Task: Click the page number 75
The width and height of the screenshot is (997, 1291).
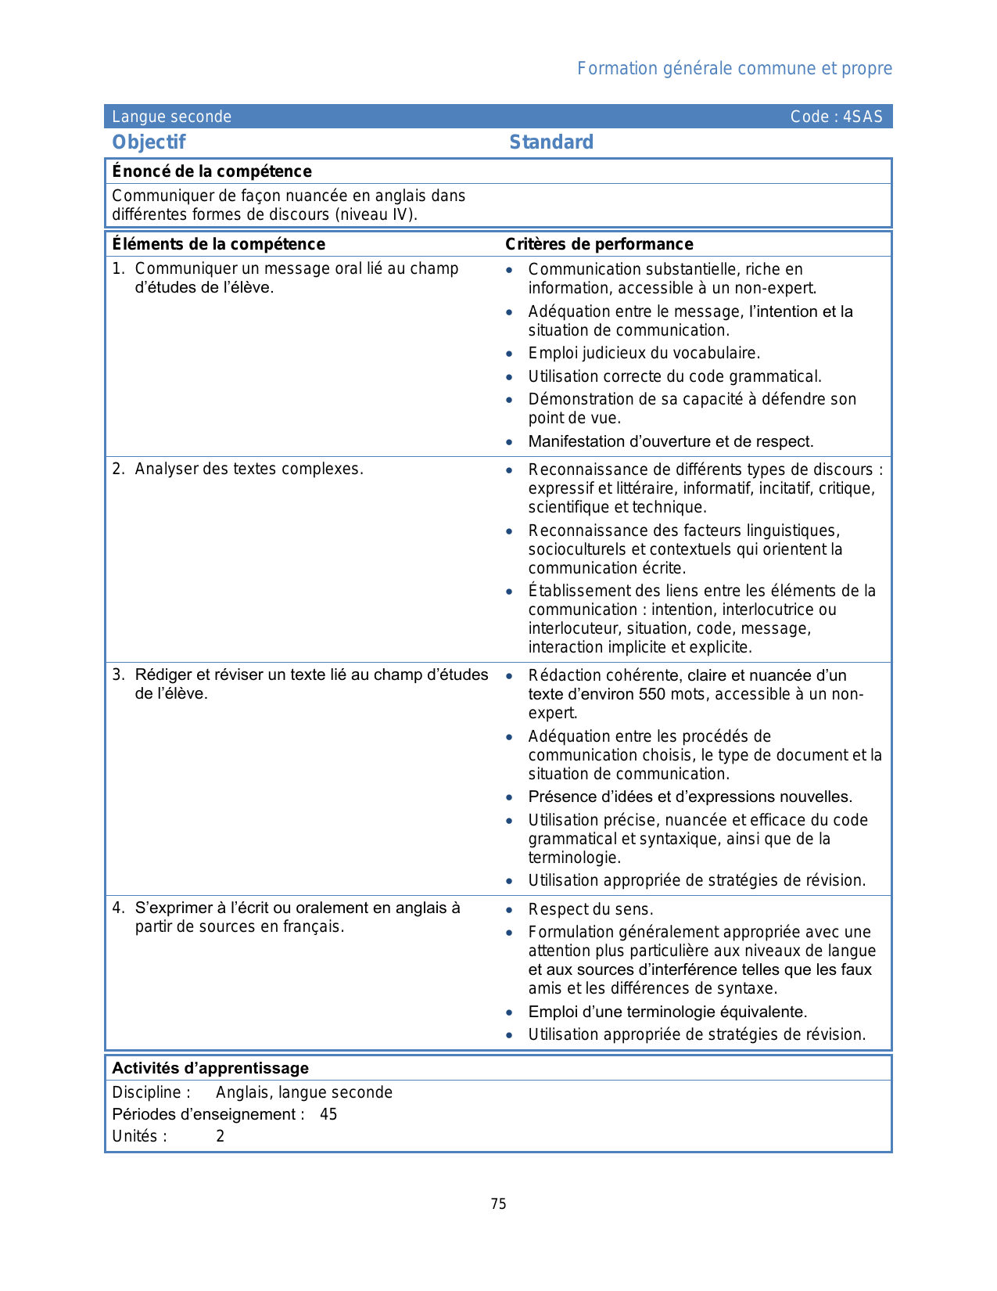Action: tap(499, 1204)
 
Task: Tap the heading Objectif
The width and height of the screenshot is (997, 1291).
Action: tap(149, 142)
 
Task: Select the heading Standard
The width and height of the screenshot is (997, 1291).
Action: tap(551, 142)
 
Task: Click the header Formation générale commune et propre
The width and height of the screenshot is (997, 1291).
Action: tap(734, 68)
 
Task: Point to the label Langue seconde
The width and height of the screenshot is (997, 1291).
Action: tap(171, 117)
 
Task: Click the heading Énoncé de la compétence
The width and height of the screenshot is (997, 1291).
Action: tap(211, 171)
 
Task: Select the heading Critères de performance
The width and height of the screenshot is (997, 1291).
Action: tap(599, 244)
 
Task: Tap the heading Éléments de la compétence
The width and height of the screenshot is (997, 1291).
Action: tap(218, 244)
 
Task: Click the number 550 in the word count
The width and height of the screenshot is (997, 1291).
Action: tap(652, 694)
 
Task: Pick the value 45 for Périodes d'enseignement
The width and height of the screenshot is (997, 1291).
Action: tap(328, 1114)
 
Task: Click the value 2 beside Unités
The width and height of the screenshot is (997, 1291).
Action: tap(221, 1136)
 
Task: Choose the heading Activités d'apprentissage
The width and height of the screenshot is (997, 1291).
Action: tap(210, 1068)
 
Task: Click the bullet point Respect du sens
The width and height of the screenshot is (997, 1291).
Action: tap(590, 909)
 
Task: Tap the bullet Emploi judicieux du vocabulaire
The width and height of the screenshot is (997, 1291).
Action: tap(644, 353)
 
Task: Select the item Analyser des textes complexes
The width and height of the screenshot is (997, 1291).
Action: tap(249, 469)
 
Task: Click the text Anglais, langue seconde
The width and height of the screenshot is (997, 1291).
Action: tap(304, 1092)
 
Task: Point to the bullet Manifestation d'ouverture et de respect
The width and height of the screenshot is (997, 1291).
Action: tap(670, 441)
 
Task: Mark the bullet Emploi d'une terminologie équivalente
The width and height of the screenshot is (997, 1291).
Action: tap(667, 1012)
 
